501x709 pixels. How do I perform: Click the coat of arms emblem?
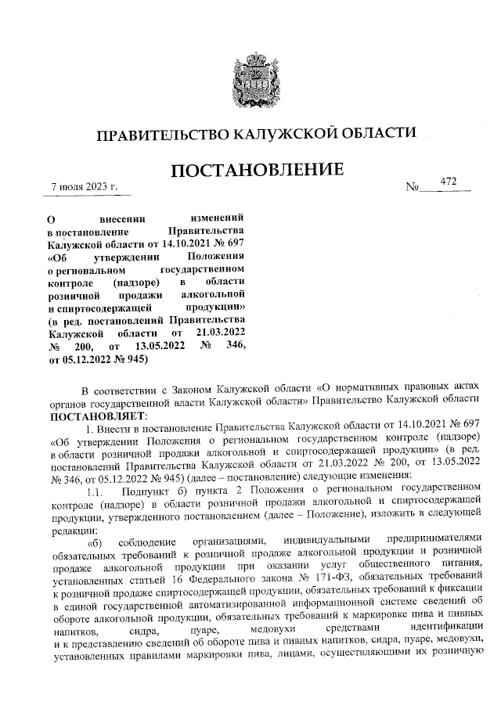(255, 75)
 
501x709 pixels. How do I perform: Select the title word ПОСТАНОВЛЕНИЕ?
(255, 170)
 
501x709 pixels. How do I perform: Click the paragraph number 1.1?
(95, 492)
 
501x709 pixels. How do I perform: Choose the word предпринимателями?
(442, 543)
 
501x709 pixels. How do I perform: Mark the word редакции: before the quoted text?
(71, 530)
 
